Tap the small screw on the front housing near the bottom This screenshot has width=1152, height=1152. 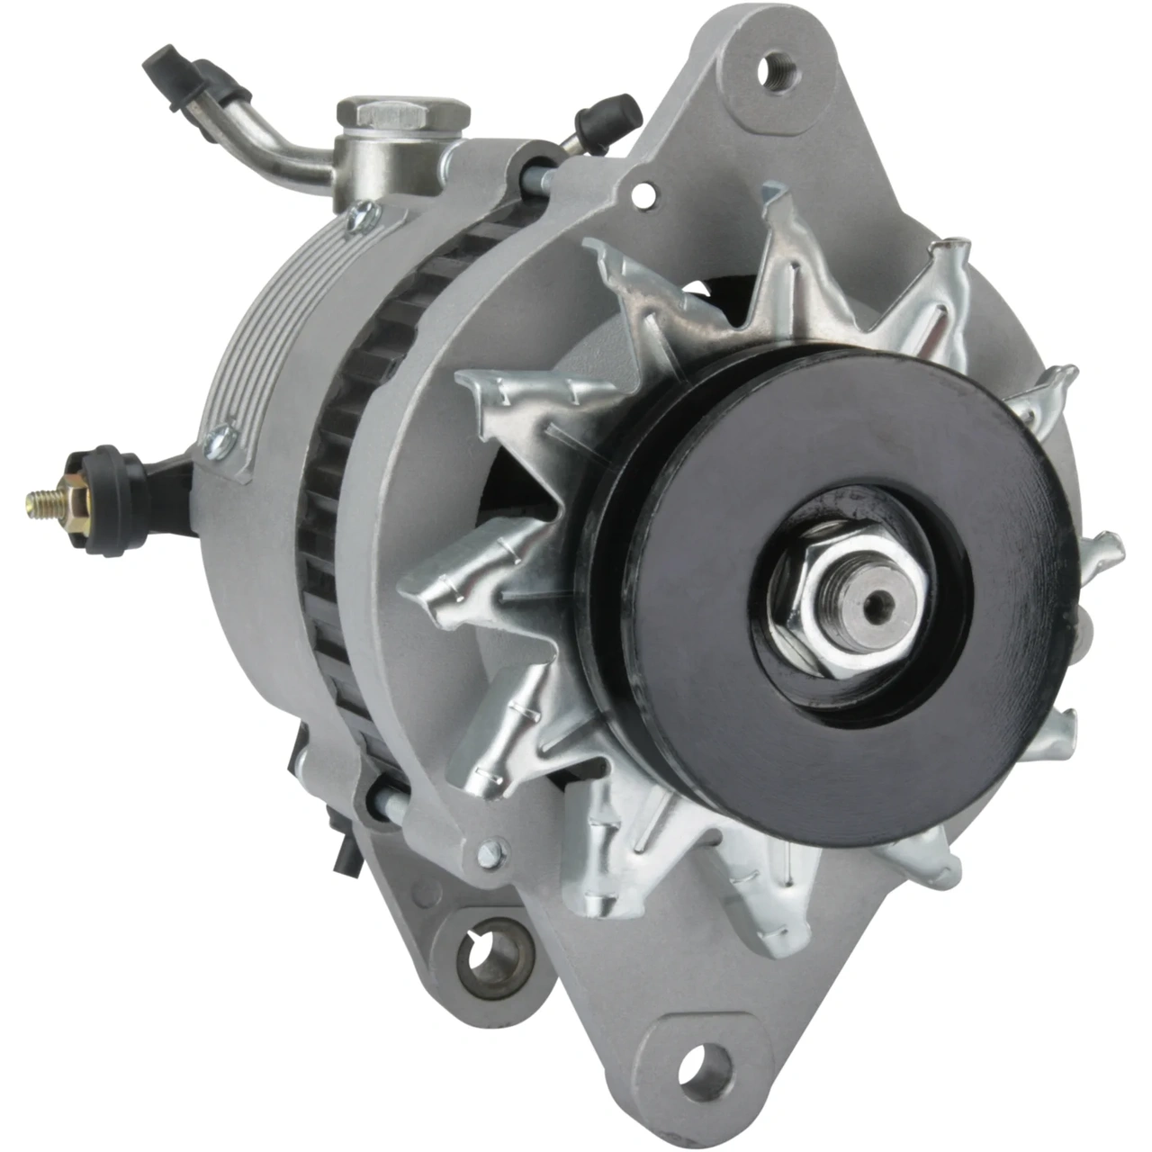(x=494, y=848)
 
